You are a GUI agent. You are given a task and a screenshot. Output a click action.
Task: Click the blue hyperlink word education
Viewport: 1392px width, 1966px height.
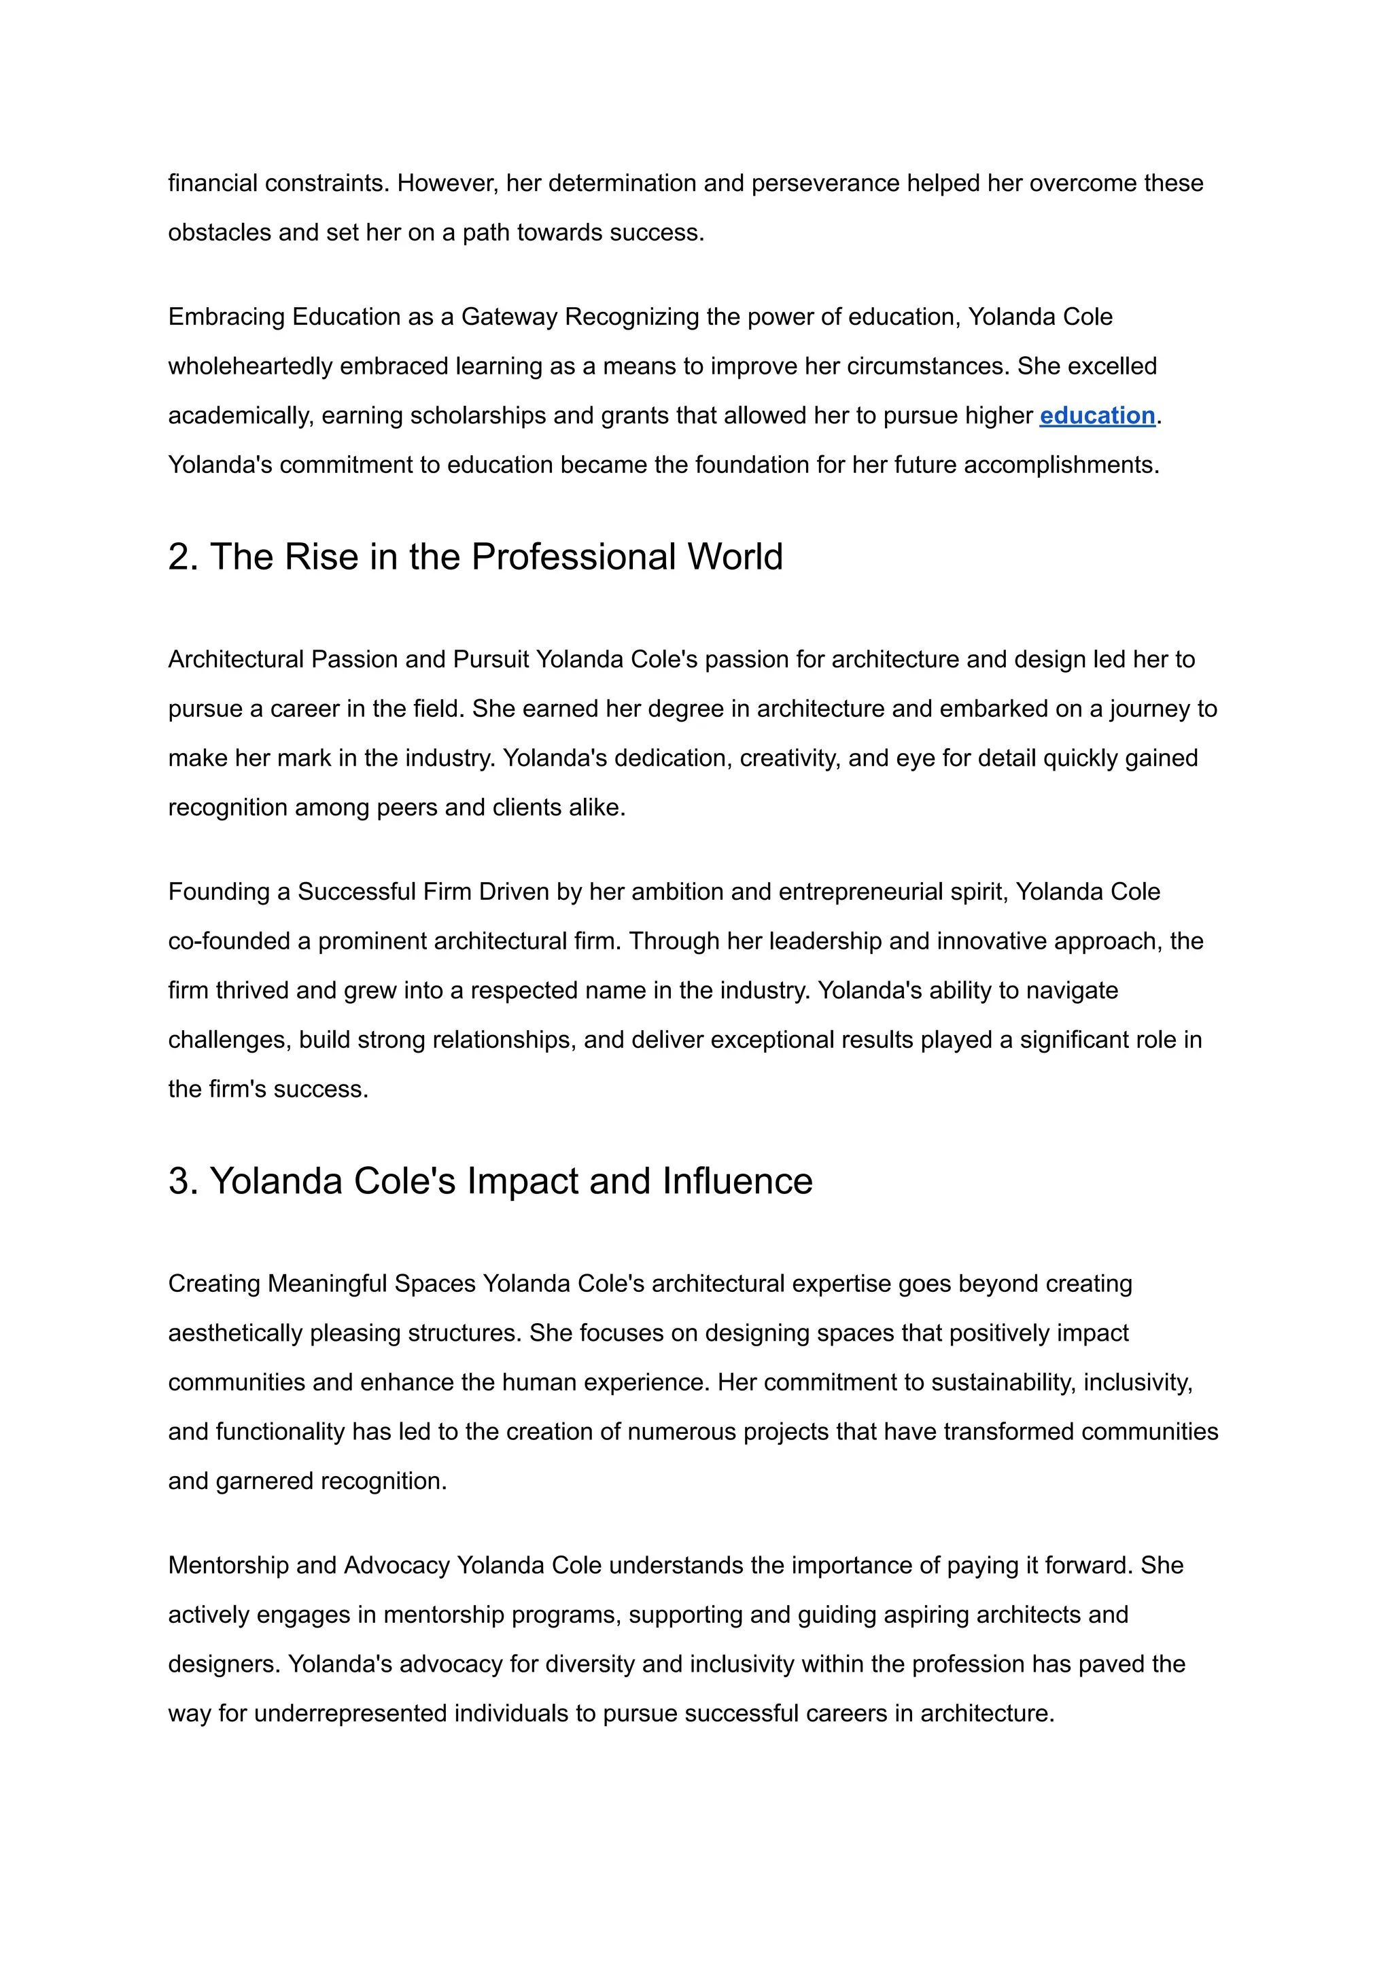pos(1096,416)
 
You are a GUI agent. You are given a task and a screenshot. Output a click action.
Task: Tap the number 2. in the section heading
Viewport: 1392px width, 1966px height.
pos(184,557)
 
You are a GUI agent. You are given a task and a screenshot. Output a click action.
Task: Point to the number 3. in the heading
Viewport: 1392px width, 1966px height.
pos(184,1181)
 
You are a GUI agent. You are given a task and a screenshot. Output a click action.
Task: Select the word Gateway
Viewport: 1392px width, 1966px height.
pos(509,317)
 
